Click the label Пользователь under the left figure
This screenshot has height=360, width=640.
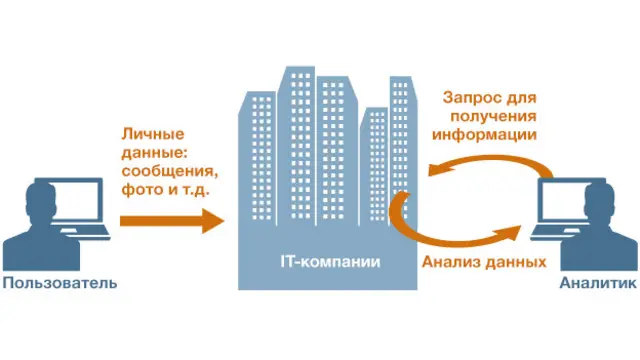(59, 283)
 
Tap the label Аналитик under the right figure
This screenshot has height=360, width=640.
(597, 283)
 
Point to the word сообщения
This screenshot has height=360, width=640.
(167, 171)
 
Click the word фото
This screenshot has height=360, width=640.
(141, 190)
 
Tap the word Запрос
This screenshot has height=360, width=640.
(473, 97)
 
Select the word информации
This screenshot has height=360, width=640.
(486, 134)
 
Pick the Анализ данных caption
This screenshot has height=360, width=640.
(482, 262)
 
